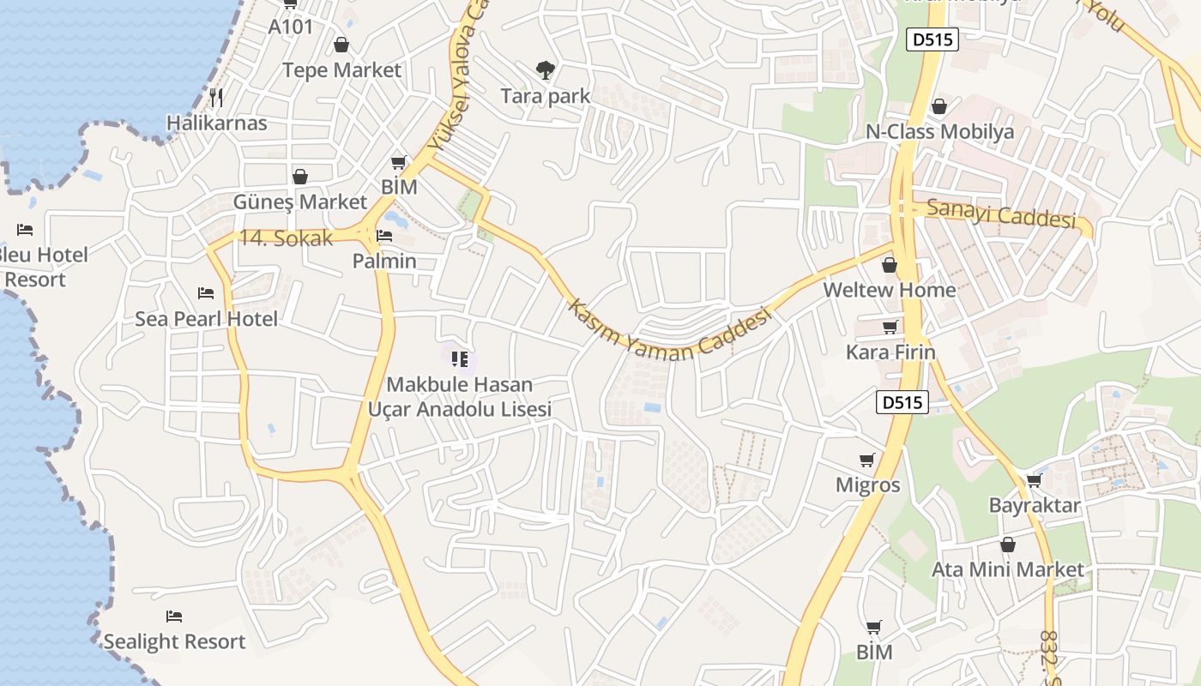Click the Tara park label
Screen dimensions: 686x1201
(546, 96)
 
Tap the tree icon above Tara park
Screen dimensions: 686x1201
(545, 70)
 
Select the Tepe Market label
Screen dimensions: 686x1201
(341, 70)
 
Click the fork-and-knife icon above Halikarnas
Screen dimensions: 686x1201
(216, 97)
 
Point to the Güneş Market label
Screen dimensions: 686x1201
(300, 202)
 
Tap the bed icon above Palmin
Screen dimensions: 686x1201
(384, 235)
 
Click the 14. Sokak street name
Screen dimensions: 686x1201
(286, 238)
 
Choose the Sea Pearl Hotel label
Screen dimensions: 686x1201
(206, 319)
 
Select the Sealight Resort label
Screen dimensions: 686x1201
(174, 641)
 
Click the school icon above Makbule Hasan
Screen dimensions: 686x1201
(459, 358)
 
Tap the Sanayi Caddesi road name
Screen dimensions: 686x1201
(1001, 214)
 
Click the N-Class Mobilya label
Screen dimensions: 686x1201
(939, 132)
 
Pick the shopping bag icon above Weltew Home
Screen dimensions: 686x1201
(890, 265)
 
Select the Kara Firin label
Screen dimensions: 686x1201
(890, 352)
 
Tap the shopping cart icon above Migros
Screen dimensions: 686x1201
(867, 460)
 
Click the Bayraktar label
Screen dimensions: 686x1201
(1034, 505)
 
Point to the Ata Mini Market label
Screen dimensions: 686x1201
(1008, 569)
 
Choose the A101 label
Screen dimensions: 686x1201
(291, 27)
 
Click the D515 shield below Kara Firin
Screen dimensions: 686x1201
(902, 401)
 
